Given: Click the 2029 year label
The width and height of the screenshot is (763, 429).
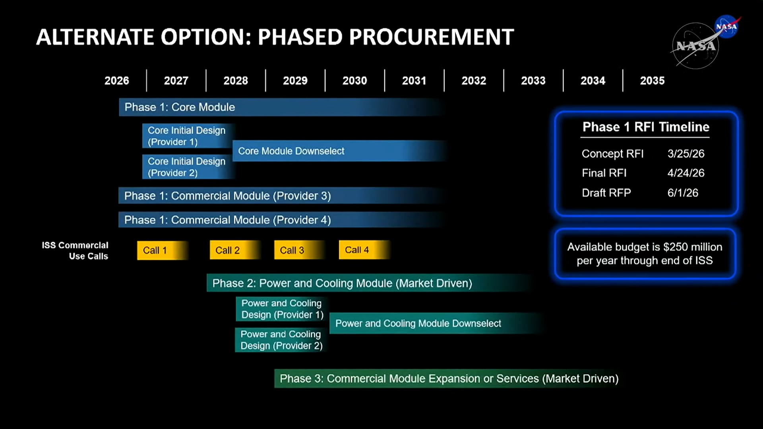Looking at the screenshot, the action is pyautogui.click(x=295, y=81).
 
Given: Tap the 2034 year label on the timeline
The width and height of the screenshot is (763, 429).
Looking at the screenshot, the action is pyautogui.click(x=593, y=81).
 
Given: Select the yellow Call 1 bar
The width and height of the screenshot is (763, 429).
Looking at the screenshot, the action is pyautogui.click(x=163, y=250).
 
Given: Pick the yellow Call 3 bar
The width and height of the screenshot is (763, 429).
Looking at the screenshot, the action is pyautogui.click(x=300, y=250).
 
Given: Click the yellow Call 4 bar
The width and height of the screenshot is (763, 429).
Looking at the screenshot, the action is pyautogui.click(x=364, y=250).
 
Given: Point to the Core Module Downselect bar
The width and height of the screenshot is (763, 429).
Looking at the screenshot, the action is pyautogui.click(x=340, y=151).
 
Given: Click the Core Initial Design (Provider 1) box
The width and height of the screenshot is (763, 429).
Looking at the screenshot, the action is pyautogui.click(x=188, y=136).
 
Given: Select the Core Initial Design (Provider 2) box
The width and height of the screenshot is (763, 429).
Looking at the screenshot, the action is pyautogui.click(x=188, y=167).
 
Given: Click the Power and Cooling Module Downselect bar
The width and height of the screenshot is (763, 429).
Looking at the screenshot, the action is pyautogui.click(x=436, y=323).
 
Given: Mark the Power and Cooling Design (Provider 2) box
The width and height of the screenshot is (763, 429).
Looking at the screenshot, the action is pyautogui.click(x=281, y=340).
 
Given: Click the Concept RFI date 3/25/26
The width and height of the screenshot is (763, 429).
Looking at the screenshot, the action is pyautogui.click(x=686, y=154).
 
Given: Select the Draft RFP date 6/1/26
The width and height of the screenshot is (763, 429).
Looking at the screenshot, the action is pyautogui.click(x=683, y=193).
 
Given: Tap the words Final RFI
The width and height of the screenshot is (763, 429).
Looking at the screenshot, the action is pyautogui.click(x=604, y=173).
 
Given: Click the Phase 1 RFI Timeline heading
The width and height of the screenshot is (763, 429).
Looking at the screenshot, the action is pyautogui.click(x=646, y=127).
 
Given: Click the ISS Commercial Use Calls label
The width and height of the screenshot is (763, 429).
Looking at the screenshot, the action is pyautogui.click(x=75, y=251).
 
